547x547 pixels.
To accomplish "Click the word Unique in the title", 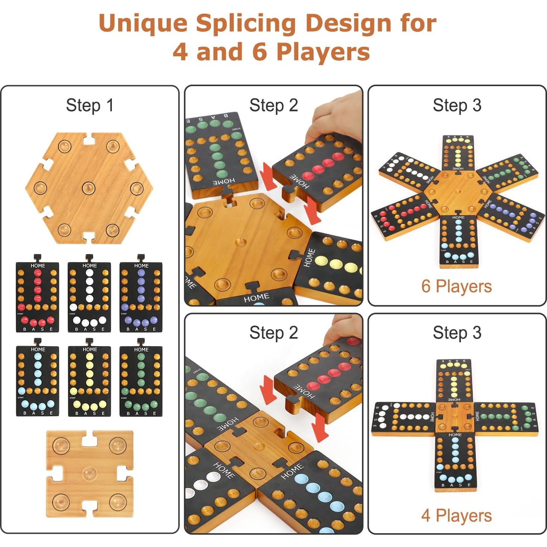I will tap(144, 23).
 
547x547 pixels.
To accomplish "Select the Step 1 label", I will tap(89, 105).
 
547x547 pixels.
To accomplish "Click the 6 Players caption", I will tap(456, 286).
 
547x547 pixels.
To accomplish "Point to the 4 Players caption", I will tap(456, 516).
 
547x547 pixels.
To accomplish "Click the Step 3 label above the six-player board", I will tap(457, 105).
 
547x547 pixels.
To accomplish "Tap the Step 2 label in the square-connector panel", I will tap(273, 333).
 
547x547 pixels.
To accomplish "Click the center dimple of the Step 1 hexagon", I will tap(89, 188).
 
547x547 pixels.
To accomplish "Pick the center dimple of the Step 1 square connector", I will tap(89, 474).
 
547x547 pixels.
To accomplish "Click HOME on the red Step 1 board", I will tap(38, 266).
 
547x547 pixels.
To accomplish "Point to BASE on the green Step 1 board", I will tap(141, 413).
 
